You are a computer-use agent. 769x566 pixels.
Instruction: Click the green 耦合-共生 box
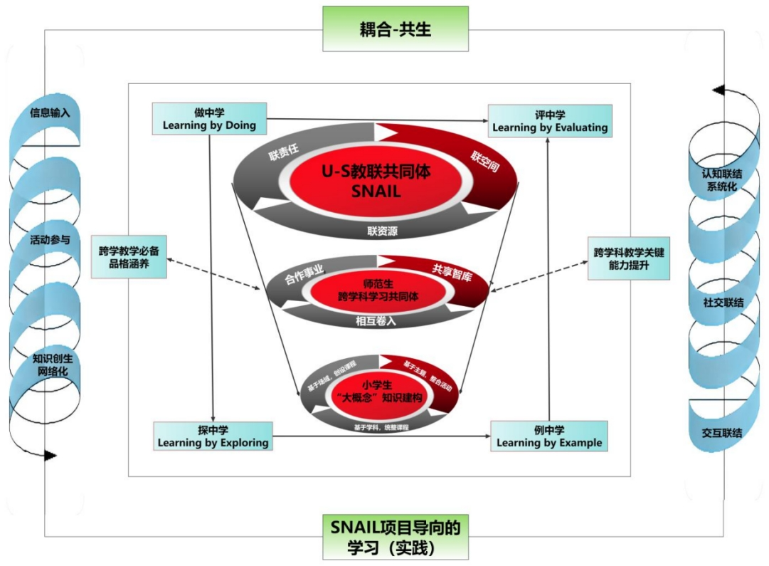click(396, 29)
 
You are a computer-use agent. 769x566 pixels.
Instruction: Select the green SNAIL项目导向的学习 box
click(396, 538)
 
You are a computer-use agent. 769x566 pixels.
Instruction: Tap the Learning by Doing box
click(209, 119)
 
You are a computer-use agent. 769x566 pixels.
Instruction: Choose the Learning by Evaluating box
click(550, 120)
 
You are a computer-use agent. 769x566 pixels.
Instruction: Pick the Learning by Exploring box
click(213, 436)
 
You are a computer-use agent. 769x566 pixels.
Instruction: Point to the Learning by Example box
click(549, 436)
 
